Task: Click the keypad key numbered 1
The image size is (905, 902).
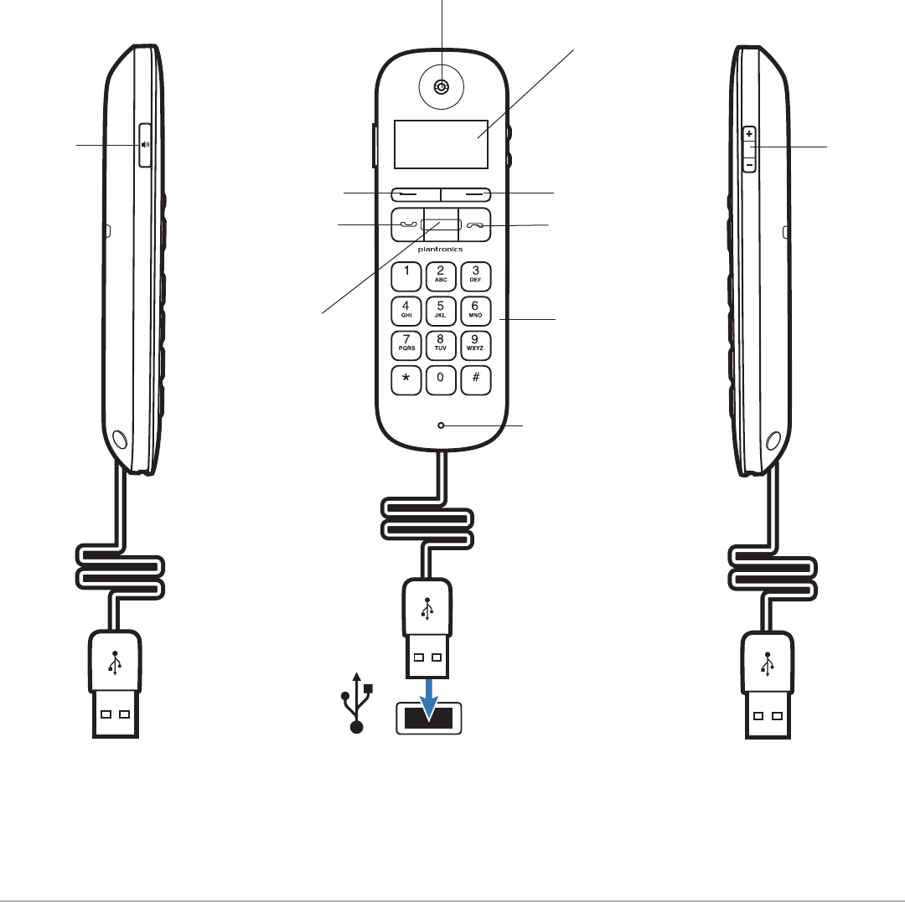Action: click(406, 276)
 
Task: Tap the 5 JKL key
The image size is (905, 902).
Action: click(441, 311)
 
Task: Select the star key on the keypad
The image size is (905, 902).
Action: click(406, 380)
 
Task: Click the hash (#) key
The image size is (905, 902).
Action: click(476, 380)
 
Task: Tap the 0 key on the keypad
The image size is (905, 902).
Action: click(441, 380)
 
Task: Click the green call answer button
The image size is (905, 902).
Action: click(407, 224)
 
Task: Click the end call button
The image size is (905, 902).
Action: click(475, 224)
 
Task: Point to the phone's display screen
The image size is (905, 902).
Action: click(441, 144)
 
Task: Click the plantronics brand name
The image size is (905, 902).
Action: click(441, 249)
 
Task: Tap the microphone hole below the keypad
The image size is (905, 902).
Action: click(441, 425)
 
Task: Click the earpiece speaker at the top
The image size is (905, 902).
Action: click(442, 87)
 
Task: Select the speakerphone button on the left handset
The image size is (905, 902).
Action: click(145, 145)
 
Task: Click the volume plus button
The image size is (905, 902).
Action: click(749, 134)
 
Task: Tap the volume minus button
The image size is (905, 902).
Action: click(749, 164)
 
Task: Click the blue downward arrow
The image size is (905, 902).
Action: click(429, 699)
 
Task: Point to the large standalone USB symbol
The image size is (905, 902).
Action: click(357, 703)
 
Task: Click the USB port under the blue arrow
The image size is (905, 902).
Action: click(429, 718)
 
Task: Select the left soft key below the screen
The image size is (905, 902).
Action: click(416, 194)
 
